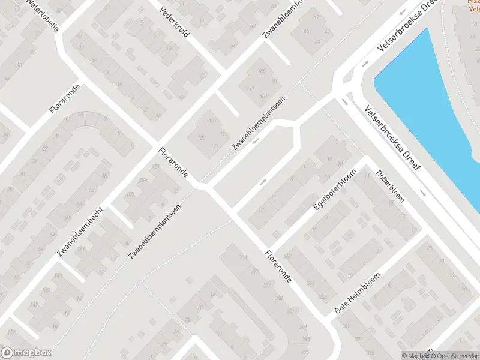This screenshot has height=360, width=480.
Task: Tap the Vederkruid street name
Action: tap(174, 22)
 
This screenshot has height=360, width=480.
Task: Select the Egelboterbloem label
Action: tap(335, 189)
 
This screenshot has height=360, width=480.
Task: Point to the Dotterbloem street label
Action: tap(390, 187)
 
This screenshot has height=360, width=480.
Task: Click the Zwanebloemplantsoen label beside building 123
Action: tap(259, 122)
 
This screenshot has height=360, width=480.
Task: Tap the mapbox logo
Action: tap(26, 353)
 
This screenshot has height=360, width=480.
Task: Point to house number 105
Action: tap(261, 72)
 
